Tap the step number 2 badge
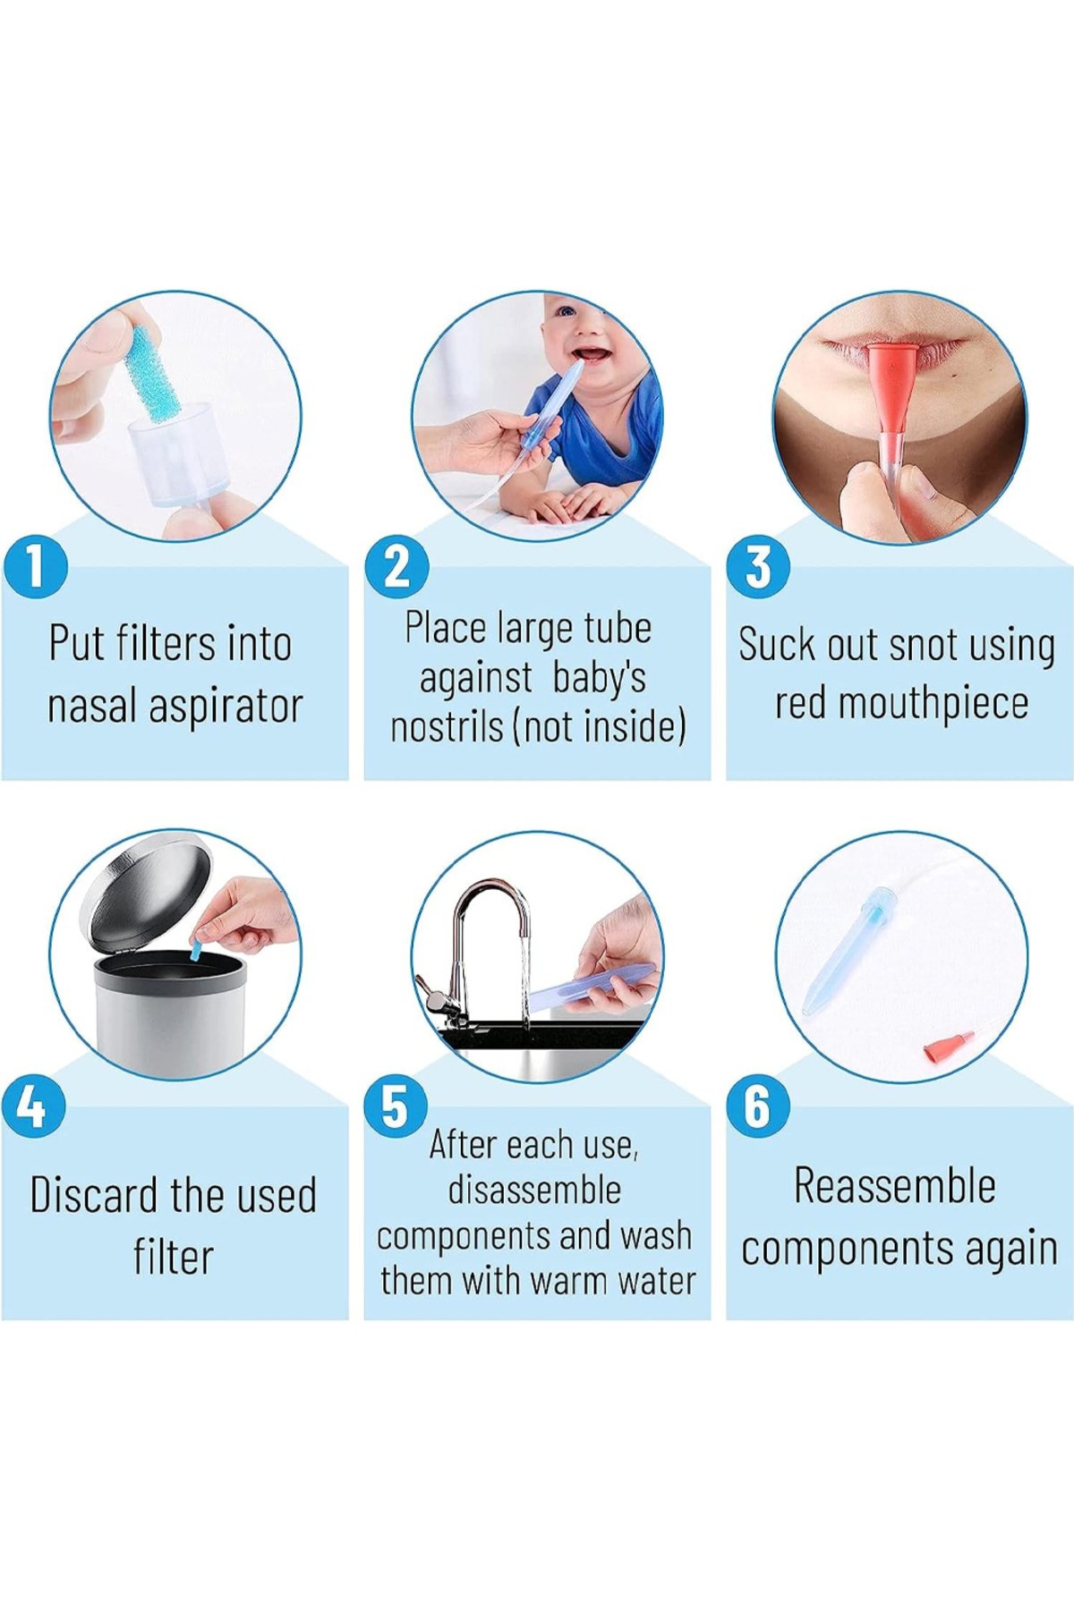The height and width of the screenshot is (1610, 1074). click(x=397, y=566)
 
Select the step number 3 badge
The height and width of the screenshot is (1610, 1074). click(x=758, y=566)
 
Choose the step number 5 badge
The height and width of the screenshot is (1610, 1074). click(x=396, y=1106)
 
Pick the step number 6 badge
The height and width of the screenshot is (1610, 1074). click(x=757, y=1106)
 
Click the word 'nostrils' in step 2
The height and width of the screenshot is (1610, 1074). click(x=447, y=726)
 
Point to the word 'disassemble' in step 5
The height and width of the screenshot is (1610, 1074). click(x=534, y=1191)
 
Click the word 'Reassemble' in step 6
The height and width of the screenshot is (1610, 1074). click(x=895, y=1186)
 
